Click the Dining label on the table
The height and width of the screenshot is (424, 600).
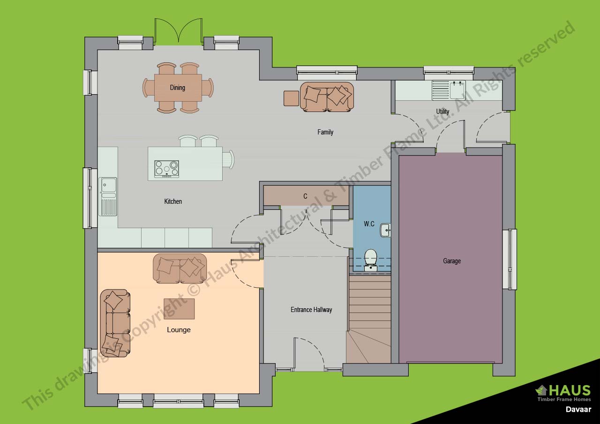177,88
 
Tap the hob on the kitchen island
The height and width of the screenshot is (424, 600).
166,169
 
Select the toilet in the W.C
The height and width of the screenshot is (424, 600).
371,260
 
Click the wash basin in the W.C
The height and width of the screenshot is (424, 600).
385,230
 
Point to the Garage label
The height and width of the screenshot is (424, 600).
452,260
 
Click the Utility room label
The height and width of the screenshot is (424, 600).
442,112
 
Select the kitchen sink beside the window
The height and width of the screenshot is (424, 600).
108,196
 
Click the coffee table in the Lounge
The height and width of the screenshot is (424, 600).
179,309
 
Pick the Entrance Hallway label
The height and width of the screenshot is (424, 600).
311,310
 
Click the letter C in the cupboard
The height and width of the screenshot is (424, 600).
305,196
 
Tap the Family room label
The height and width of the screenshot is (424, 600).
325,132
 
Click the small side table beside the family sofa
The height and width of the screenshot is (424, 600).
291,98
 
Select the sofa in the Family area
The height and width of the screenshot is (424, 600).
327,97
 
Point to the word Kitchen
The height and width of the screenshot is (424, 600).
173,201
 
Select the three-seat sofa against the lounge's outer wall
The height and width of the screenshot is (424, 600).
115,323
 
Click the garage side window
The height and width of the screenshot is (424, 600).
510,259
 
